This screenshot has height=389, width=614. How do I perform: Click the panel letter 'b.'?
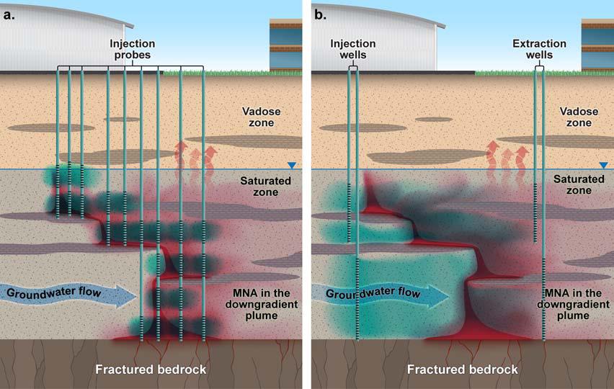(321, 11)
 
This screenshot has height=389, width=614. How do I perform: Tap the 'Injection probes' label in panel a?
(132, 50)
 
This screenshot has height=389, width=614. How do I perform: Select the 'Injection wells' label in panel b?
(353, 50)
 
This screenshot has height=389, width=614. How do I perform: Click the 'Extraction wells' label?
(539, 50)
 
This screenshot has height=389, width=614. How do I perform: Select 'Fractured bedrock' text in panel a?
(151, 370)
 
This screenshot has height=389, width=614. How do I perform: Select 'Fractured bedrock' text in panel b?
(463, 370)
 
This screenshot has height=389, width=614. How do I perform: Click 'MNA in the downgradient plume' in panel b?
(575, 303)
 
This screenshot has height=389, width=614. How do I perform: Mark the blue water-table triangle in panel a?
(291, 165)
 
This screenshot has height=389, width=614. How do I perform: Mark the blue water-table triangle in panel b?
(603, 165)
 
